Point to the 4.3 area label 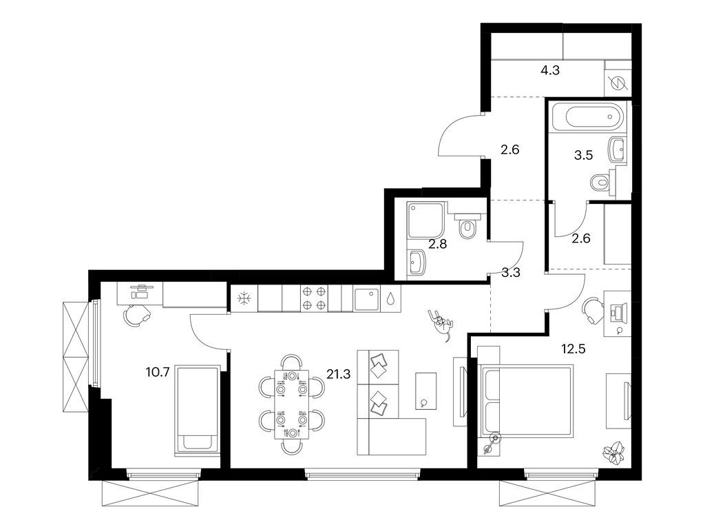coord(549,70)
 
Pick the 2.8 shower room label coord(438,243)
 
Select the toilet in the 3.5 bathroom coord(599,183)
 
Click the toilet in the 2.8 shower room coord(468,227)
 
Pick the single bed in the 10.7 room coord(198,409)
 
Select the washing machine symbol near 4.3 coord(617,81)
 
